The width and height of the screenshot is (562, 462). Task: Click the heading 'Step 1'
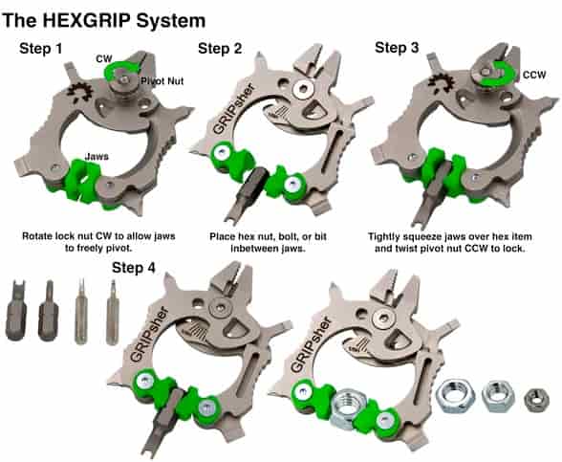(41, 49)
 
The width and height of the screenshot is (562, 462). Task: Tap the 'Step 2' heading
(220, 49)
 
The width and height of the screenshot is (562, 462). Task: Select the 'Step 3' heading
(397, 48)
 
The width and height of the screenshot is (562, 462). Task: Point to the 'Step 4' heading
(134, 268)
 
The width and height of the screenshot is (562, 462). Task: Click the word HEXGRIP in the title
(86, 20)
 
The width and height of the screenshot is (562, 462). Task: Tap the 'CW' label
(104, 58)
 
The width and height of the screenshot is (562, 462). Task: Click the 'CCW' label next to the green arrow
(534, 75)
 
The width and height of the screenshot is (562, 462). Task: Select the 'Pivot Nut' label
(162, 81)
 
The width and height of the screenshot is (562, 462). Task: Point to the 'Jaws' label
(97, 157)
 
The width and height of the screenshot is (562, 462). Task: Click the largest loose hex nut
(455, 395)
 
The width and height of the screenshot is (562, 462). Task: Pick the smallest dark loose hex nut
(536, 400)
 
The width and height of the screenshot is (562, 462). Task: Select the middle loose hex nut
(498, 397)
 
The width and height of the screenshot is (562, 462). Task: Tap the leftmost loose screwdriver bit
(16, 311)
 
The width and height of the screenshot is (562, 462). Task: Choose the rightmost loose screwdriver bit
(113, 312)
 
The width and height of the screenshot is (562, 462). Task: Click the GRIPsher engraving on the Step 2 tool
(233, 109)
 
